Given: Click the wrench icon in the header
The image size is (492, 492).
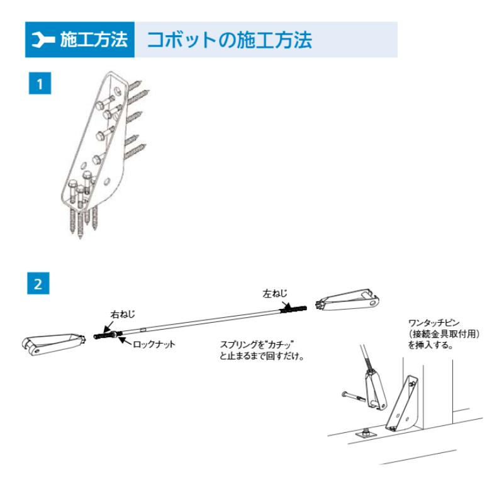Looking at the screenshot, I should pos(43,41).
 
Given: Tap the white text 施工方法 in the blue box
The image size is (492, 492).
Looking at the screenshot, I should pos(94,41).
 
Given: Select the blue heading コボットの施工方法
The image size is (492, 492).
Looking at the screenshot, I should pos(229,40).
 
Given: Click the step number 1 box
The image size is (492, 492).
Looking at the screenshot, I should pos(40,84).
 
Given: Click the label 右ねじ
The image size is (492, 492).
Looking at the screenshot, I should pos(123,314).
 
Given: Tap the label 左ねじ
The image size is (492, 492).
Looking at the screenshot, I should pos(276,293).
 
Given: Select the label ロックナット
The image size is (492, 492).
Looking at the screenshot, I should pos(154,344).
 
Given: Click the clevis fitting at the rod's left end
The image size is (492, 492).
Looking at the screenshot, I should pos(54,344).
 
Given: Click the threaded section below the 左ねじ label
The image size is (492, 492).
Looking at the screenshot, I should pos(294,309).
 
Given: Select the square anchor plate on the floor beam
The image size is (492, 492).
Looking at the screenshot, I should pos(366,433).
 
